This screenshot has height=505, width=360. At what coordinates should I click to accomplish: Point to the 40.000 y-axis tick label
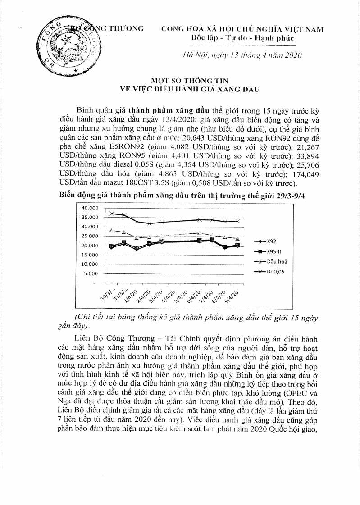[x=89, y=208]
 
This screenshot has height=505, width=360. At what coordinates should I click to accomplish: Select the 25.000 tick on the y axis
[x=89, y=236]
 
